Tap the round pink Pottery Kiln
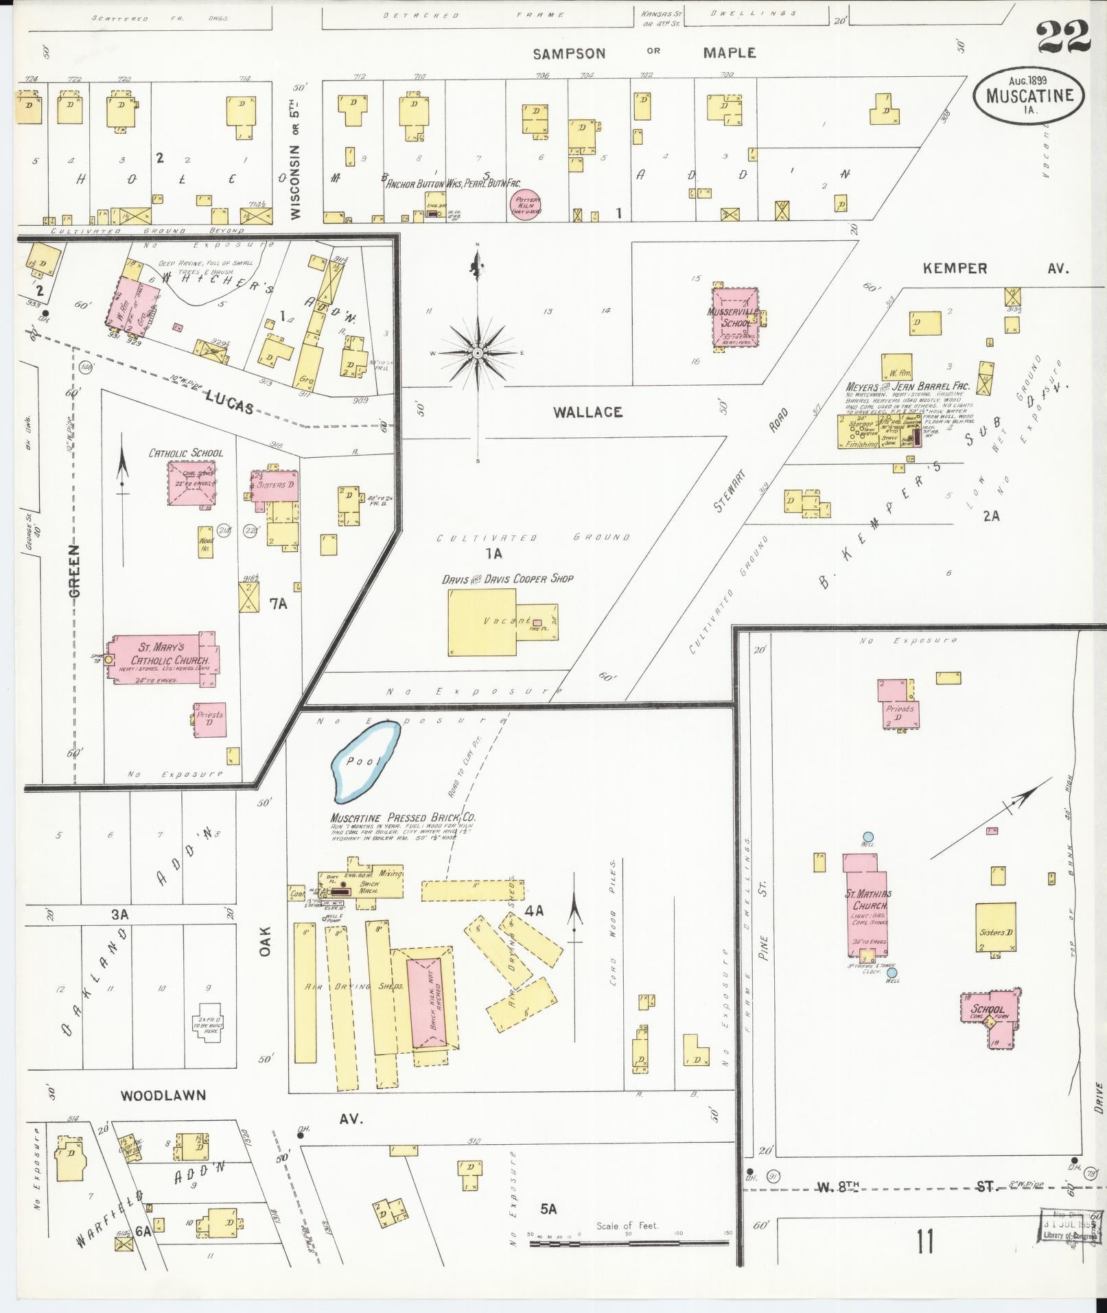click(526, 205)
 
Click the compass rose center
click(477, 353)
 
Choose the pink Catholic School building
click(192, 483)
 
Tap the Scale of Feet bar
click(630, 1243)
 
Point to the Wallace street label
click(588, 412)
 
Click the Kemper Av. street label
click(955, 268)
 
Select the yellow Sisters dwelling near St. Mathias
click(996, 927)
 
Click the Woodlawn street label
click(163, 1095)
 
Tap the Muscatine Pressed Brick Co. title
click(403, 817)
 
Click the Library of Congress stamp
click(1072, 1224)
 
